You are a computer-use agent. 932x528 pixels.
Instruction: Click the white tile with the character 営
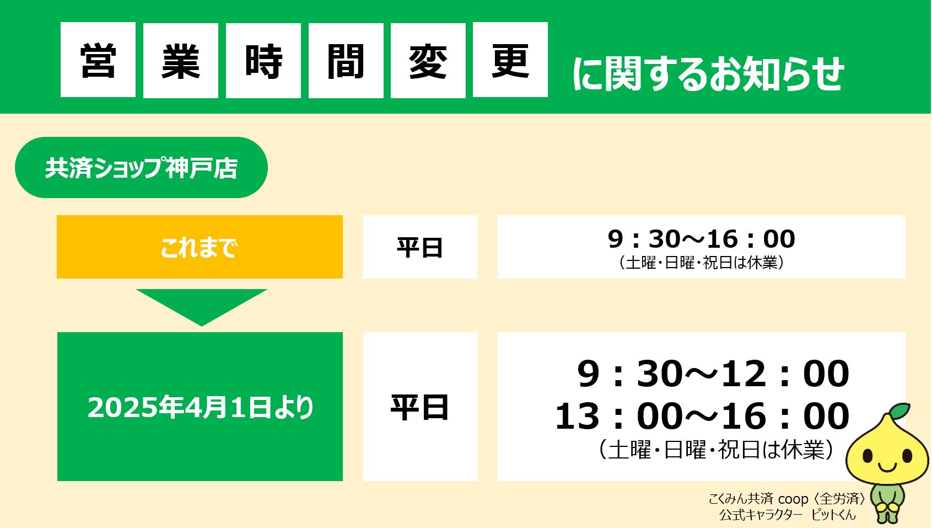point(98,60)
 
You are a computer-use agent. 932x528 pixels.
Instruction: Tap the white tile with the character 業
point(181,60)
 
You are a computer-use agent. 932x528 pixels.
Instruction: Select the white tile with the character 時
point(263,60)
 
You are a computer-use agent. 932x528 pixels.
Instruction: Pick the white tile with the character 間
point(346,60)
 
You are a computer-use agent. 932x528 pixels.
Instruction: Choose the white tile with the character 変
point(428,60)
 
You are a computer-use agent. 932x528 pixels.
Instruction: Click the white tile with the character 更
point(510,60)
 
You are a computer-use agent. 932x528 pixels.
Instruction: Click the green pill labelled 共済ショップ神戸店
point(141,167)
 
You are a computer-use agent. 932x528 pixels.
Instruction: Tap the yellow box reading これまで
point(200,247)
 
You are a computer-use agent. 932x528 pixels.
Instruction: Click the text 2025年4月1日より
point(200,407)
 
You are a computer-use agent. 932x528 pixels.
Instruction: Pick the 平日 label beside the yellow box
point(420,247)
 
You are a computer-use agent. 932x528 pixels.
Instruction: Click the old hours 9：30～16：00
point(702,239)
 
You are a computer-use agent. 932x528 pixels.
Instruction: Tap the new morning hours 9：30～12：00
point(713,374)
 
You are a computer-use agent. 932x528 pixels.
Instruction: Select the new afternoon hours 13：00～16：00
point(702,416)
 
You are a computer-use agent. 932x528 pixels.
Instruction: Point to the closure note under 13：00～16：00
point(715,449)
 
